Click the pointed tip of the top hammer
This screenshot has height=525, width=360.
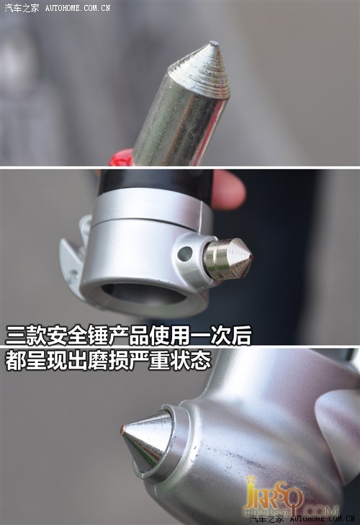(215, 45)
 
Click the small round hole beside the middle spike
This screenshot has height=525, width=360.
(185, 253)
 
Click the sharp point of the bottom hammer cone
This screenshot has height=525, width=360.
(123, 430)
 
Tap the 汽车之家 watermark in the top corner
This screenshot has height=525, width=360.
(22, 8)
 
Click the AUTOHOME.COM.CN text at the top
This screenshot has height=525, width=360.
(78, 9)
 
